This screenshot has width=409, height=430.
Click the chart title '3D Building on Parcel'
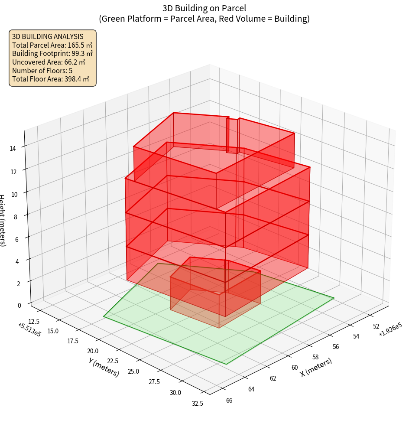click(204, 8)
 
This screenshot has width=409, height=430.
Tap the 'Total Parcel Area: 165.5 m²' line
click(52, 45)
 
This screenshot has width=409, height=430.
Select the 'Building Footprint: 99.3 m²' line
click(52, 53)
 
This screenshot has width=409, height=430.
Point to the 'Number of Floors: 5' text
click(42, 70)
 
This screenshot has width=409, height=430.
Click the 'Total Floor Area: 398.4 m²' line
click(51, 79)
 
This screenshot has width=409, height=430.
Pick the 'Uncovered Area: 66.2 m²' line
click(49, 62)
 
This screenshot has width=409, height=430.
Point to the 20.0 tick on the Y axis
click(93, 351)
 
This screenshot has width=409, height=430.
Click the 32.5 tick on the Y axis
click(197, 403)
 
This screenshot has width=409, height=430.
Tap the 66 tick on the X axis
click(229, 400)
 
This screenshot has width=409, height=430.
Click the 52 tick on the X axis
click(376, 326)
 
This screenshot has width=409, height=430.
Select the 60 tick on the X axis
click(295, 367)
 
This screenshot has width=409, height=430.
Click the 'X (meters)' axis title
click(316, 367)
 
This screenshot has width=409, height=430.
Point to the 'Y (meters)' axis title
click(104, 367)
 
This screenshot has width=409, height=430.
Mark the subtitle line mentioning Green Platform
click(204, 19)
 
